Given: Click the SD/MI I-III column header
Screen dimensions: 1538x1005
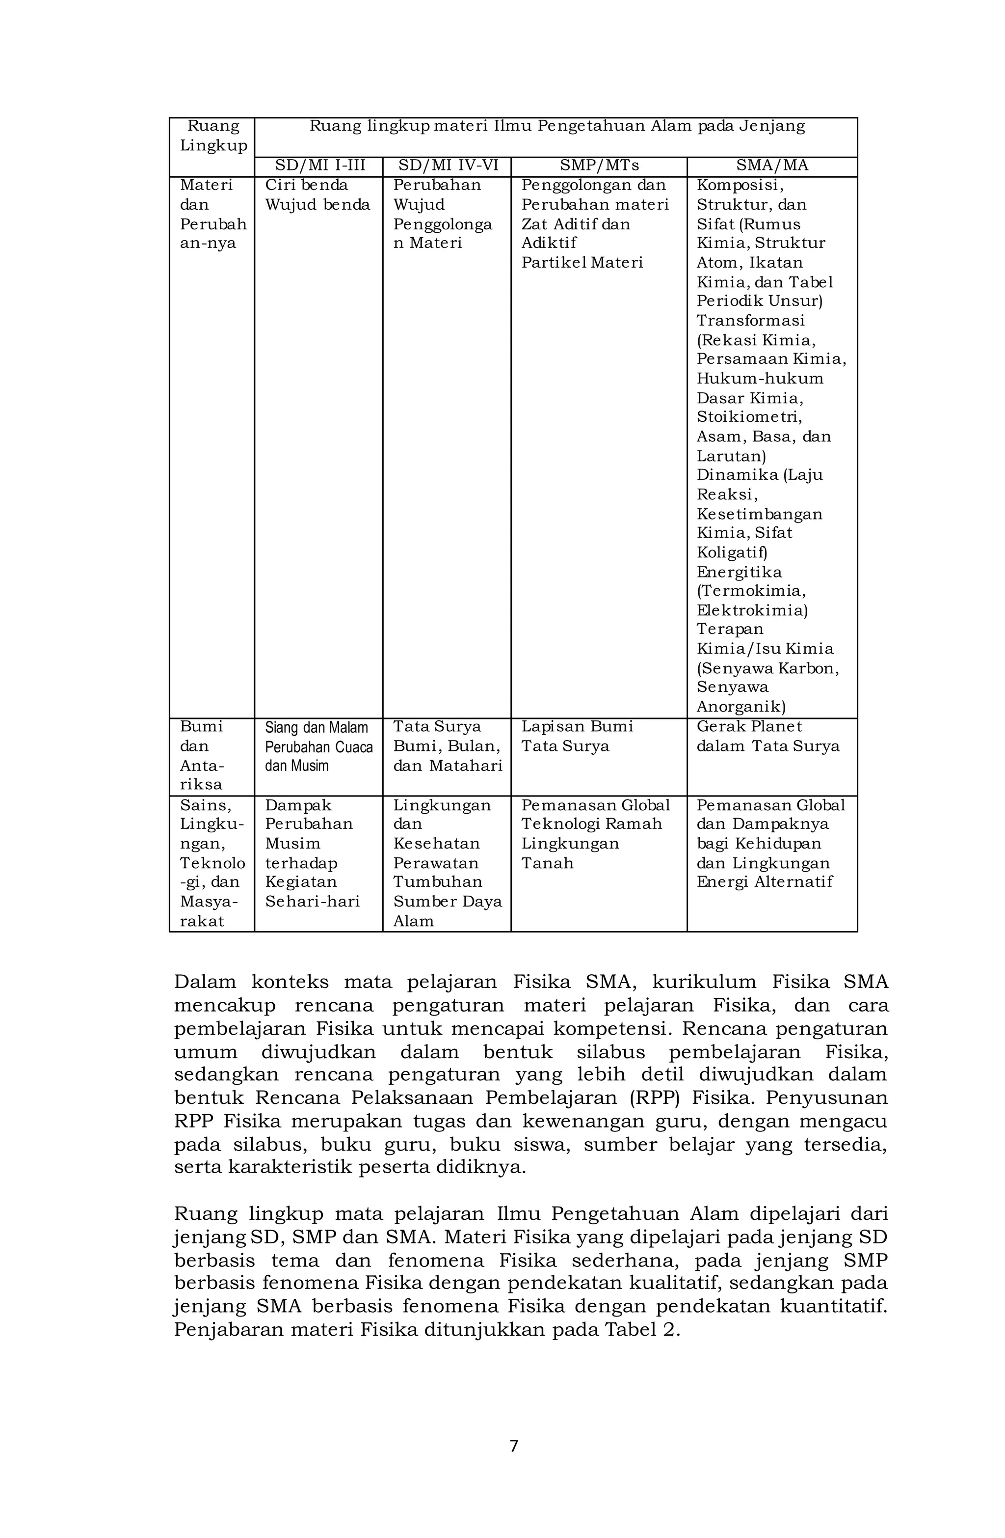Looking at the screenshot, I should pyautogui.click(x=318, y=165).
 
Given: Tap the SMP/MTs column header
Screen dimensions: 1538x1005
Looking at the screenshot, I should pyautogui.click(x=598, y=165).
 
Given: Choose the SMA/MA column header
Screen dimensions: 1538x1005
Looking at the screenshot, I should pyautogui.click(x=771, y=165).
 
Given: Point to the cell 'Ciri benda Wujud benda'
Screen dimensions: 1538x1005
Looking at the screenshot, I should pyautogui.click(x=317, y=194).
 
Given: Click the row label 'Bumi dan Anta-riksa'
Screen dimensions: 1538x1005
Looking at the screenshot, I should pyautogui.click(x=202, y=755).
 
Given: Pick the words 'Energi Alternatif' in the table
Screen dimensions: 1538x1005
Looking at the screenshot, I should pyautogui.click(x=764, y=881).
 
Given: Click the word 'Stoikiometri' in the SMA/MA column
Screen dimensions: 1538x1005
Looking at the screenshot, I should pyautogui.click(x=748, y=417).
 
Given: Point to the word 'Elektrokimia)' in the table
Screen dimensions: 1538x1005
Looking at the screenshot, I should pyautogui.click(x=751, y=610).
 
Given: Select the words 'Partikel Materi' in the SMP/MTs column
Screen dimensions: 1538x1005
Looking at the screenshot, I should pyautogui.click(x=582, y=262).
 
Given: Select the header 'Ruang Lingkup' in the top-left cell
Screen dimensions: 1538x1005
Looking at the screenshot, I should pyautogui.click(x=212, y=136).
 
